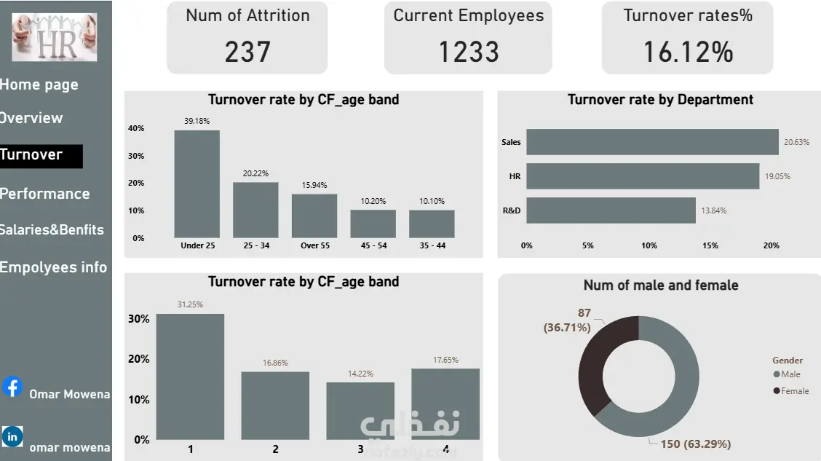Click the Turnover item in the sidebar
coord(33,155)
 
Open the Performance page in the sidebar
coord(45,194)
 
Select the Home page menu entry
coord(39,84)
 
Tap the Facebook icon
coord(12,387)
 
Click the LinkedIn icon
coord(12,436)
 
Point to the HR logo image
coord(54,37)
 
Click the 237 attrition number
coord(247,52)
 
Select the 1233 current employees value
coord(468,52)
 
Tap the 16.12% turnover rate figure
coord(687,52)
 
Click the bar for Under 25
coord(197,184)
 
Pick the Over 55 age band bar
coord(314,216)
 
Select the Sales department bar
coord(652,142)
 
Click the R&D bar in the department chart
coord(611,210)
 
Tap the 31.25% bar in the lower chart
coord(191,377)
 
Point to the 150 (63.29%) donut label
coord(695,444)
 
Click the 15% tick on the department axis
coord(710,245)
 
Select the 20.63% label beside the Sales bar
coord(796,142)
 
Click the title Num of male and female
coord(660,285)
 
